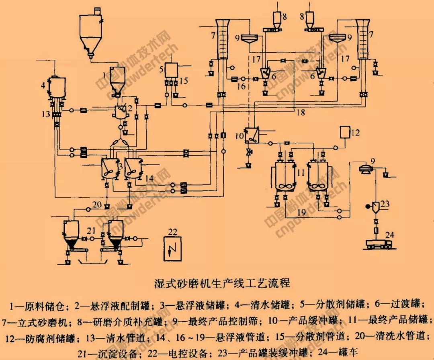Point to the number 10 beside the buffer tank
240,136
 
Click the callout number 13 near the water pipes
45,114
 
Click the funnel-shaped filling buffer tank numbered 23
375,207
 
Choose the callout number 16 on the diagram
240,86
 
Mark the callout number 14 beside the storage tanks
149,177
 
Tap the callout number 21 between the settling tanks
91,231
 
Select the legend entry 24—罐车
337,353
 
